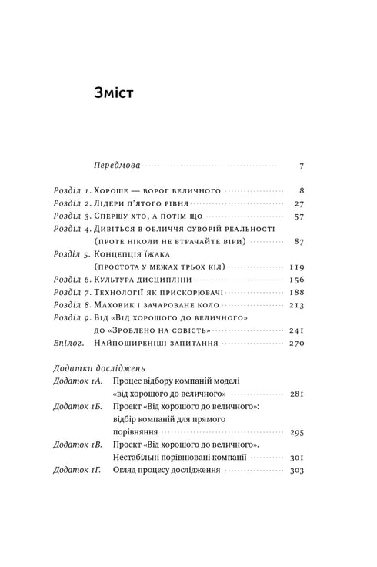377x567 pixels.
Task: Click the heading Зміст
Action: [113, 95]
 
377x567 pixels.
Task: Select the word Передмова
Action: [116, 166]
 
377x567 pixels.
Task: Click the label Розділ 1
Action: [73, 190]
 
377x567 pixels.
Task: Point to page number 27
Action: [299, 203]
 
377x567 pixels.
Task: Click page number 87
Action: [299, 242]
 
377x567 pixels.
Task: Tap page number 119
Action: [297, 267]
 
